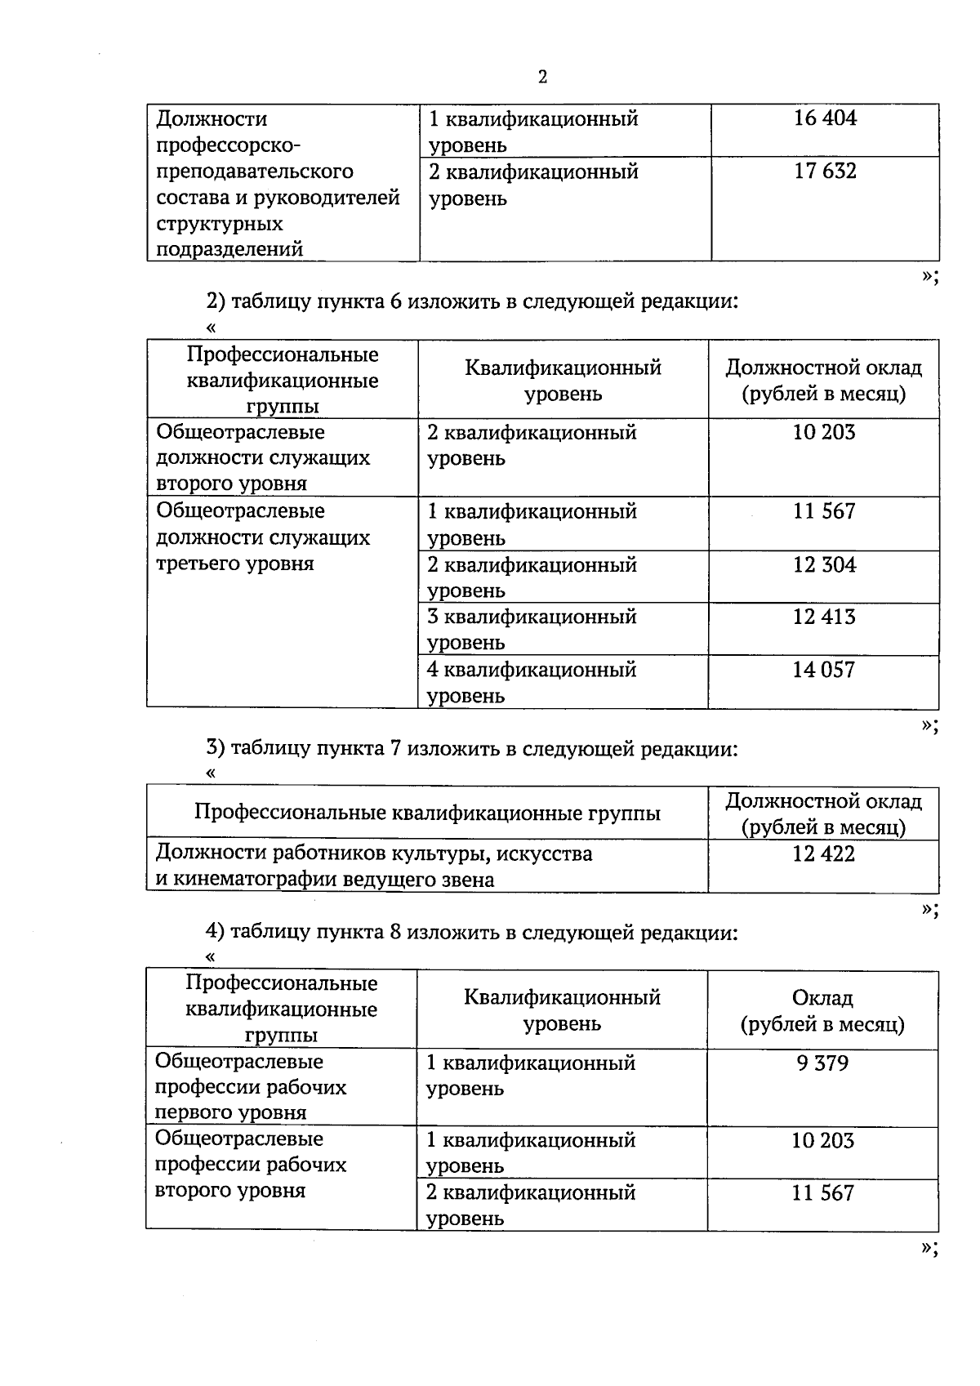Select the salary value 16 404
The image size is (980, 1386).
(825, 118)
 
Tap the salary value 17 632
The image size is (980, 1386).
(825, 172)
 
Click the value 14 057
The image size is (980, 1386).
(823, 671)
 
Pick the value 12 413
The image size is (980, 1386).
(823, 617)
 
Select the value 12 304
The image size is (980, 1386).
(823, 565)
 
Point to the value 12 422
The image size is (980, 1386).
(823, 854)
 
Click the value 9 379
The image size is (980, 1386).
(822, 1063)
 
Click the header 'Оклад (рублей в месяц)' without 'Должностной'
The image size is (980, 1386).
(822, 1011)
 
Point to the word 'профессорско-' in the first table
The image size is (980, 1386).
(229, 145)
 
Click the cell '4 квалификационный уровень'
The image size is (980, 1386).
(531, 683)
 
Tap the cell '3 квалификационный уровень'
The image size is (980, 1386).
(531, 630)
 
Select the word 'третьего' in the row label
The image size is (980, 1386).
(193, 564)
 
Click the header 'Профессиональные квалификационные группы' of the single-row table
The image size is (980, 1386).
(427, 813)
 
